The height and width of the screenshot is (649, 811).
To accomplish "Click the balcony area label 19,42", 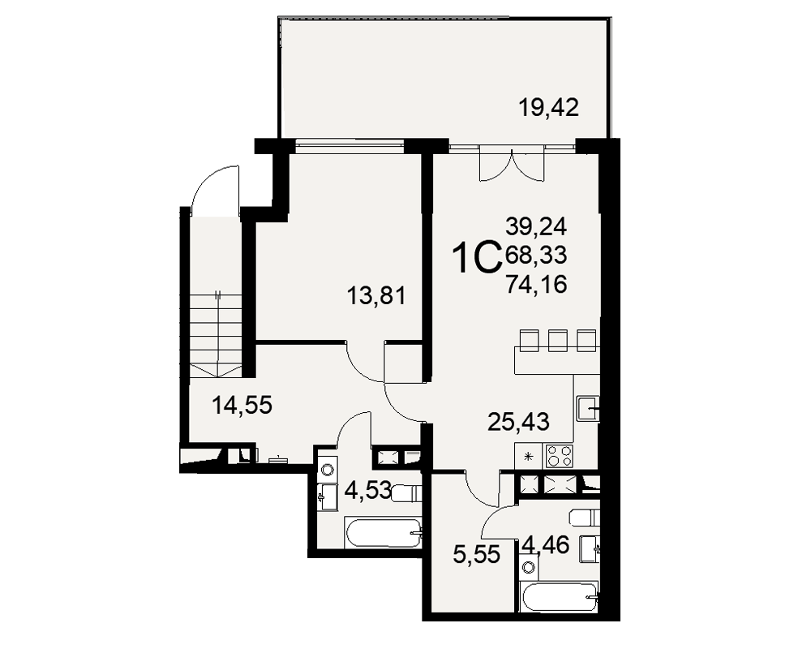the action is point(548,108).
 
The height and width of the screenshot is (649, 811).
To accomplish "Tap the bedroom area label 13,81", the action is point(376,296).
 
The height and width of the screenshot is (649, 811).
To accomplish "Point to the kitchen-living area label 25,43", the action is point(518,422).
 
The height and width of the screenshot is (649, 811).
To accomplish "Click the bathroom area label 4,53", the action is point(367,490).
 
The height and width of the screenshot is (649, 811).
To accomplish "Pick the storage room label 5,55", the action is point(476,555).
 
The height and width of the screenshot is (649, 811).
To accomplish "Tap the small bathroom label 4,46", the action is point(546,544).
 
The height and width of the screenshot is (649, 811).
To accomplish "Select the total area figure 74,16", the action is point(536,284).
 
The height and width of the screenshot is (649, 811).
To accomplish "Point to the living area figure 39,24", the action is point(536,226).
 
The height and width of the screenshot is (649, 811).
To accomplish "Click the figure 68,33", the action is point(536,255).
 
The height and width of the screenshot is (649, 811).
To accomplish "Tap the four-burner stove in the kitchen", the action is point(560,457).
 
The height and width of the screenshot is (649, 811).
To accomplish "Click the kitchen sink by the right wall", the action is point(588,408).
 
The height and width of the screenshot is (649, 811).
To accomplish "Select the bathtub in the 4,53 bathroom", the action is point(383,533).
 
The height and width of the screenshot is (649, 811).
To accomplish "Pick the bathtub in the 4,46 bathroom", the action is point(560,598).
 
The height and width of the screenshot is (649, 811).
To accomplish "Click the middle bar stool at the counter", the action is point(558,341).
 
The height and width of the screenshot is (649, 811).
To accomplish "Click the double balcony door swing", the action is point(512,165).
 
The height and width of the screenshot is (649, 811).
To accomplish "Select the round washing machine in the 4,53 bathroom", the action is point(327,470).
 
